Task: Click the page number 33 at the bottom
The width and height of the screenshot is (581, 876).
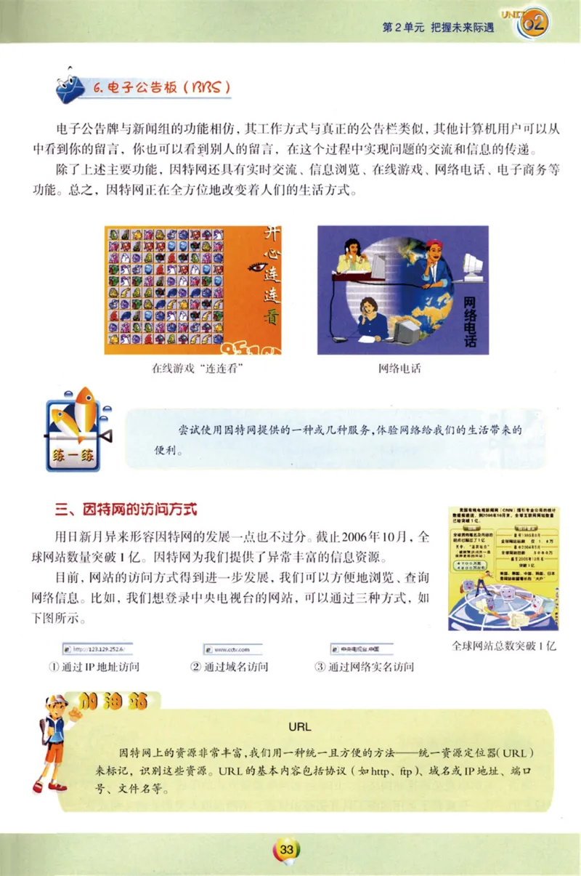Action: click(x=286, y=849)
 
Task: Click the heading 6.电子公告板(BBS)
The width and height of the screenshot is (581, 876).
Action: click(x=163, y=87)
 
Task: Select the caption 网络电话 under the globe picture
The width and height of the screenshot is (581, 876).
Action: click(x=399, y=369)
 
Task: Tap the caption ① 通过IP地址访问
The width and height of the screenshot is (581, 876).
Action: click(x=97, y=667)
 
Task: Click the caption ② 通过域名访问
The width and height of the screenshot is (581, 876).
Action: click(x=229, y=667)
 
